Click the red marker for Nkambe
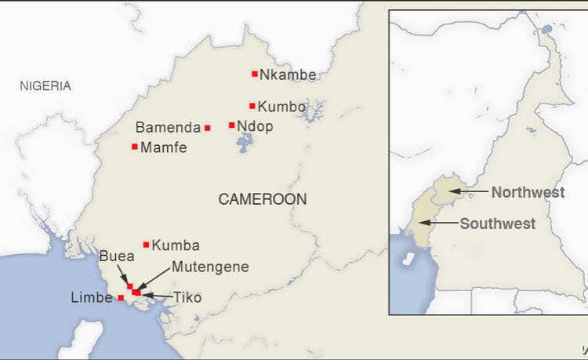coord(255,74)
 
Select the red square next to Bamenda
coord(207,128)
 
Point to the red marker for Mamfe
coord(135,147)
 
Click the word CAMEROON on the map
coord(262,199)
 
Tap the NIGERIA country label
coord(45,85)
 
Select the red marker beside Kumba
coord(146,245)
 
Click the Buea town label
coord(116,256)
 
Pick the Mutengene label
coord(210,267)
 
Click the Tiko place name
coord(187,298)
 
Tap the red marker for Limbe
coord(120,298)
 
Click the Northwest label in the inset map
coord(528,192)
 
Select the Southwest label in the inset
coord(498,224)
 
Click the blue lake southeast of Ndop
coord(245,143)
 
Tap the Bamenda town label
coord(167,128)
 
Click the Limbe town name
coord(92,299)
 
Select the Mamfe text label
coord(163,147)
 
